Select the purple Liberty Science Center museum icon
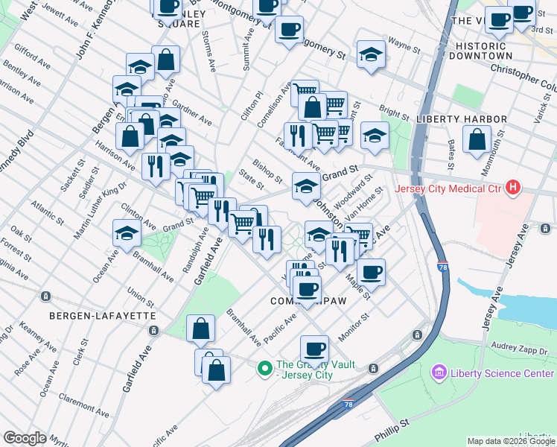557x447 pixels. coord(439,372)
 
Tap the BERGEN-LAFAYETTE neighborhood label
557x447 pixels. coord(103,316)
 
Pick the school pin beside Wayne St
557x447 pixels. coord(370,53)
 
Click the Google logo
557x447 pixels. coord(25,438)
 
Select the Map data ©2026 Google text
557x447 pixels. coord(512,441)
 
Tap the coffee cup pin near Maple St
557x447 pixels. coord(371,271)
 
